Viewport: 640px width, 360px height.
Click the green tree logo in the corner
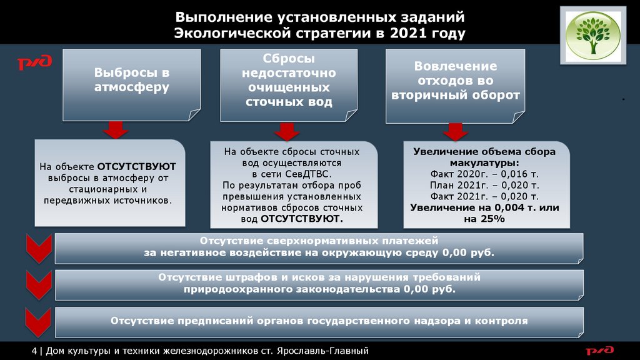click(593, 36)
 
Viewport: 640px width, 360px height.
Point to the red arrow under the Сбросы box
click(287, 131)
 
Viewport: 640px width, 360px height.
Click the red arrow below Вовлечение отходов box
click(455, 132)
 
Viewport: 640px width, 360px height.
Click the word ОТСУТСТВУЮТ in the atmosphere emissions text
click(137, 167)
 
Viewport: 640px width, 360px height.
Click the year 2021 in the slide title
click(408, 33)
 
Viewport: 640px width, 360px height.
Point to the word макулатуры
click(484, 162)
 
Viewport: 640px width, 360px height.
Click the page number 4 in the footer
click(34, 351)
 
